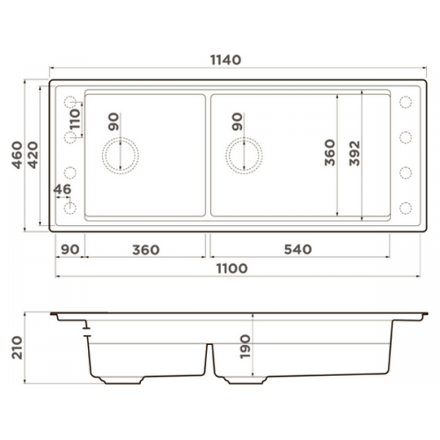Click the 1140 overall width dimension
pos(225,60)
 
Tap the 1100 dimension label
pos(231,268)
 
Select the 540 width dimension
pos(297,249)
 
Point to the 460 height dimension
pos(17,155)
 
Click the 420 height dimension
pos(33,155)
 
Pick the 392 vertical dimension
pos(355,153)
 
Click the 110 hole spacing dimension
pos(75,120)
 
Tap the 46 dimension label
pos(62,189)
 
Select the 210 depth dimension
pos(17,348)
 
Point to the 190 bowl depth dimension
pos(245,347)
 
